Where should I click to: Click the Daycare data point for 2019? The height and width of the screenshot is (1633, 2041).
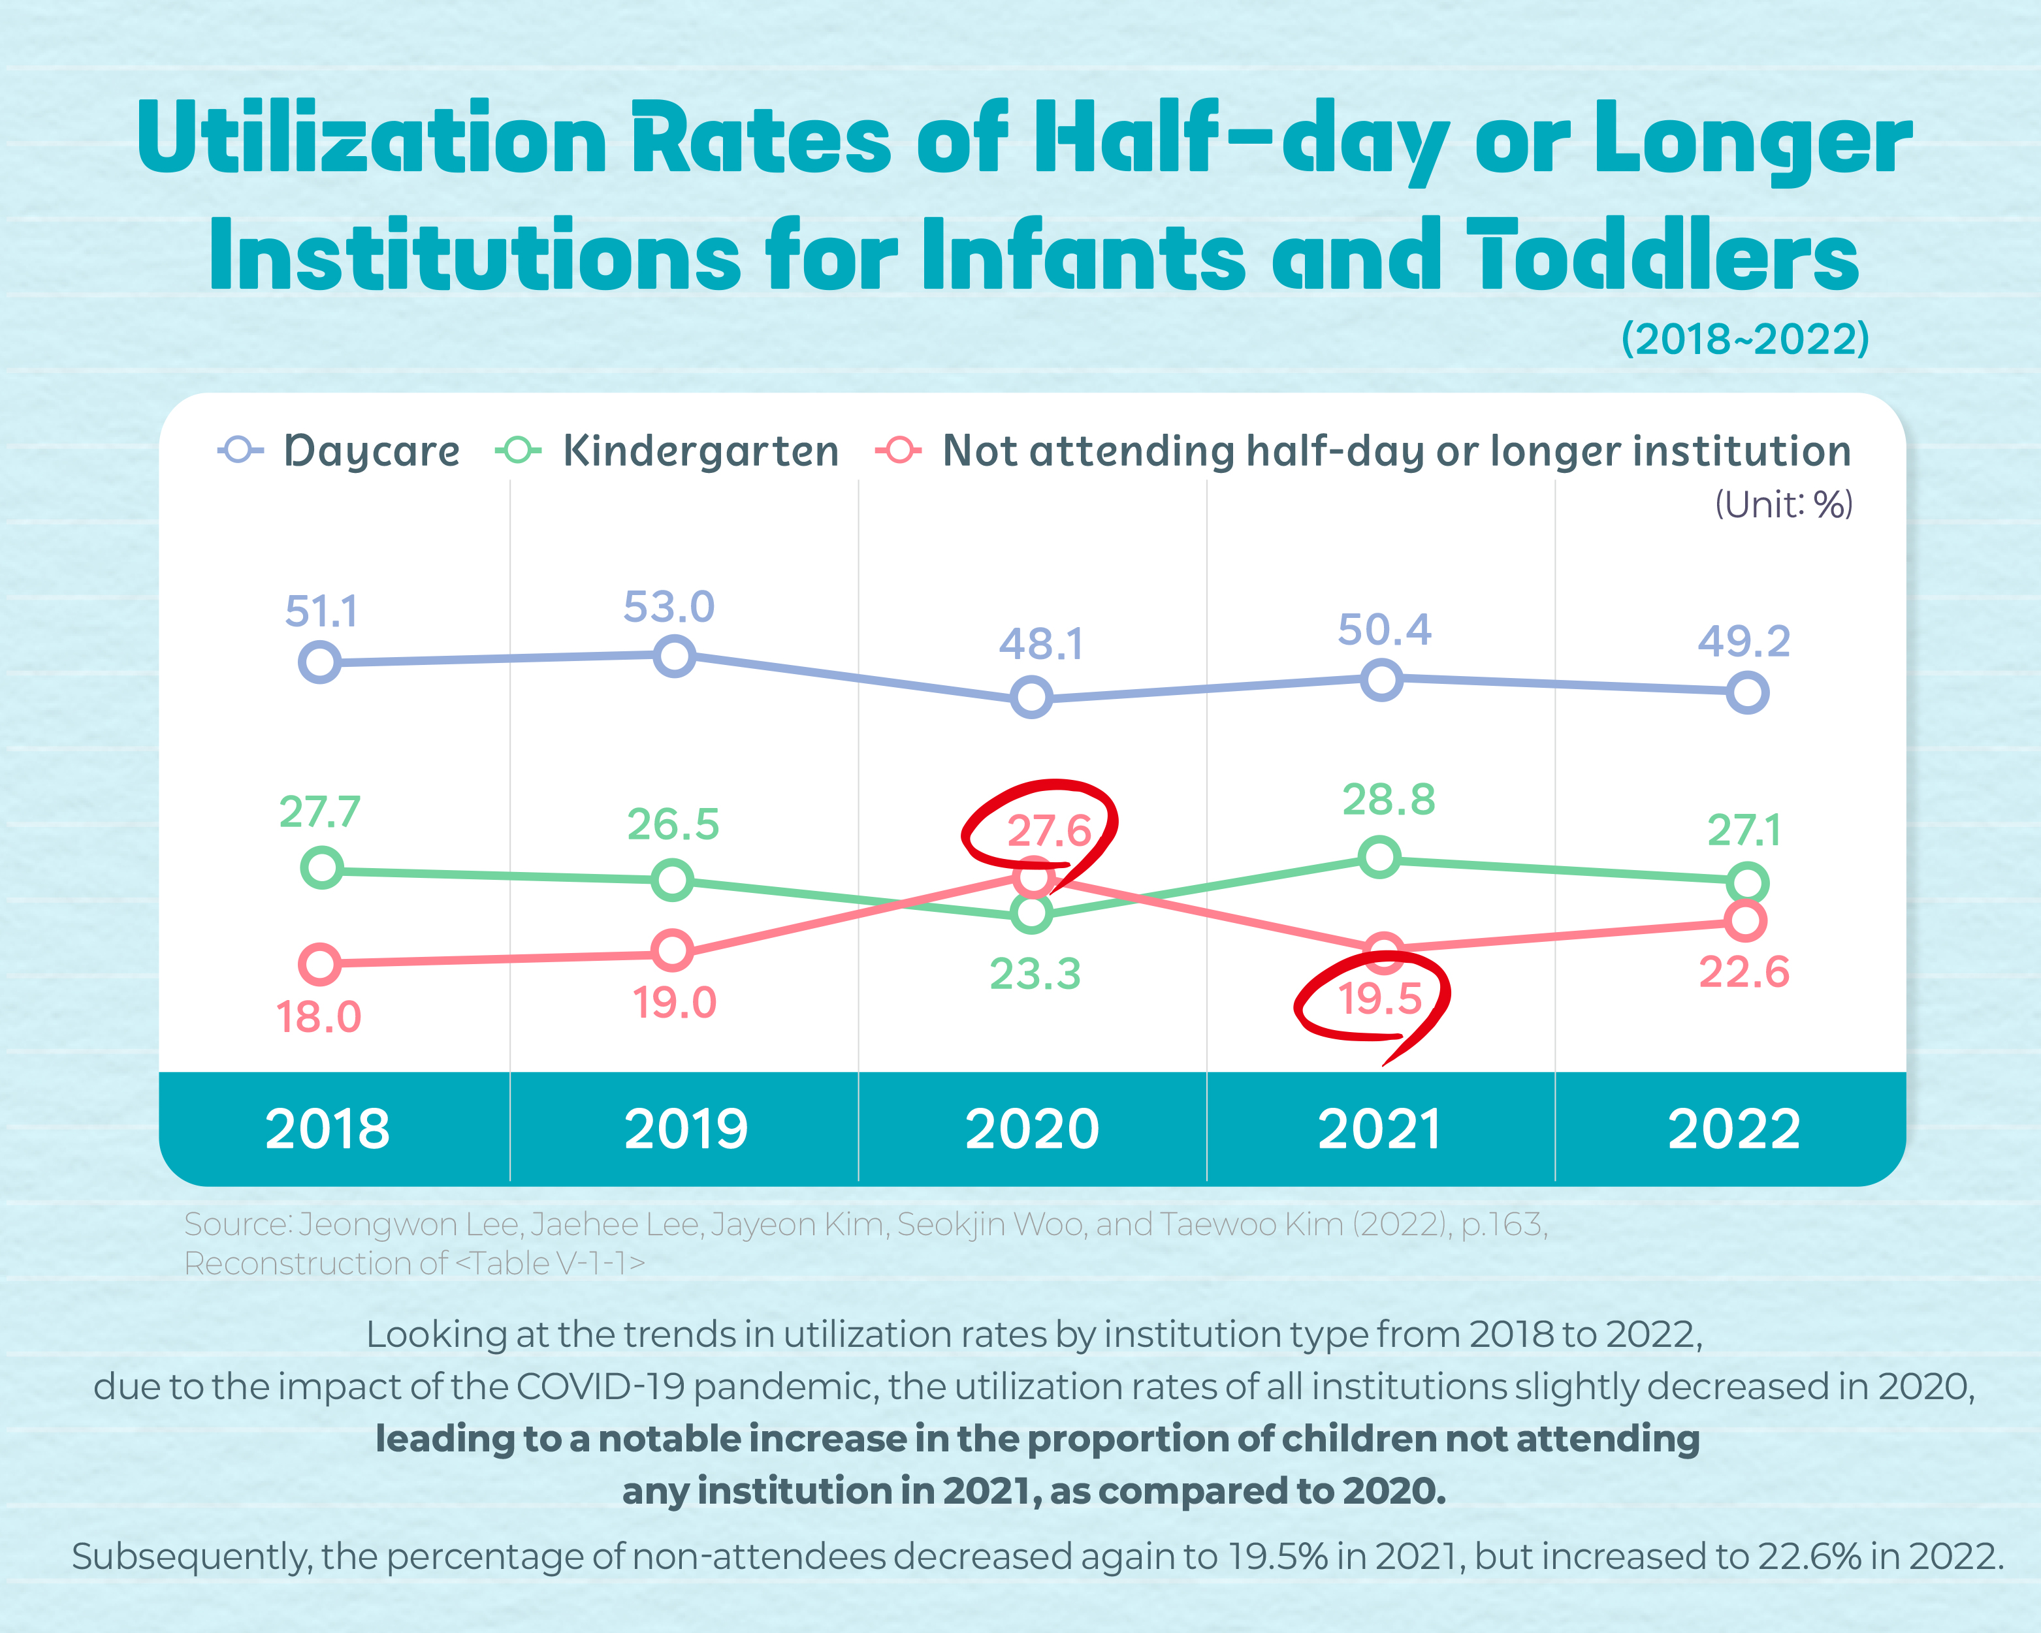coord(674,655)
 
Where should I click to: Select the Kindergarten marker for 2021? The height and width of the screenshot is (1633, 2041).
coord(1379,857)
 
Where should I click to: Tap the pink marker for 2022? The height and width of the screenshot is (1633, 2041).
coord(1746,920)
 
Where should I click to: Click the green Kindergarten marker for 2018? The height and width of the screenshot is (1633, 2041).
coord(322,867)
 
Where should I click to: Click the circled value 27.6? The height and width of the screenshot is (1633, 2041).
coord(1049,831)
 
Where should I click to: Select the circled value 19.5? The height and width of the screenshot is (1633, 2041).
coord(1380,999)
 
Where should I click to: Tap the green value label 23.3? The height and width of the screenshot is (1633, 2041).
coord(1035,974)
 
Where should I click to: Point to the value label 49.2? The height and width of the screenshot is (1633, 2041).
coord(1744,642)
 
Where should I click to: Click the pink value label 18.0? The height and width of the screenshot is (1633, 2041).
coord(318,1018)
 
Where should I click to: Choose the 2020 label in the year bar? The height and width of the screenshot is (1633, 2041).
coord(1032,1129)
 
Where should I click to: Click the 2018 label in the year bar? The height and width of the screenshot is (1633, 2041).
coord(328,1129)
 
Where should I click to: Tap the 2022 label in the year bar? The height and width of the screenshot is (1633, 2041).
coord(1733,1129)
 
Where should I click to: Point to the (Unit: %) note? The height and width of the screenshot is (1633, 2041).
coord(1784,504)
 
